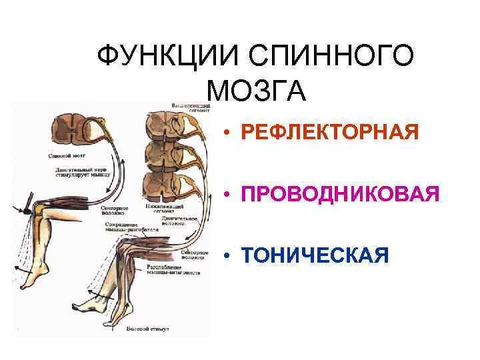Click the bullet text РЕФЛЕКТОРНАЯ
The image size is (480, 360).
pyautogui.click(x=331, y=131)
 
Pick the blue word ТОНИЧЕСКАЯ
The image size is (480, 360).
pyautogui.click(x=315, y=255)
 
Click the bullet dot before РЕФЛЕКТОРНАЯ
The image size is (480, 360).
pyautogui.click(x=227, y=133)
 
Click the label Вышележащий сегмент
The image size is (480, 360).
pyautogui.click(x=191, y=108)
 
